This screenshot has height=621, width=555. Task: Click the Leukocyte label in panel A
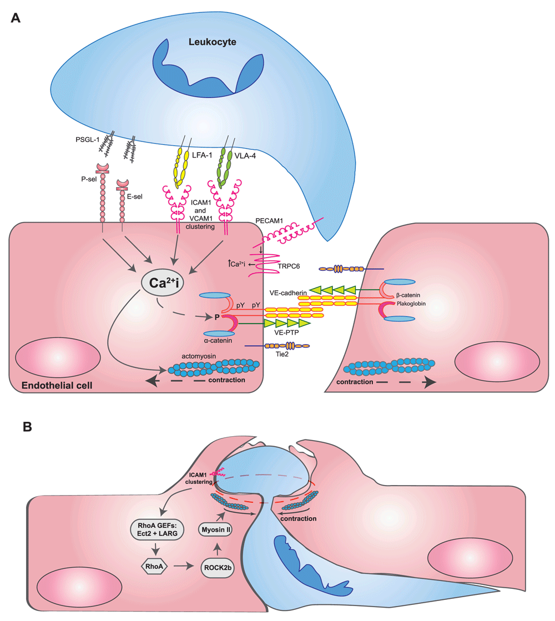212,42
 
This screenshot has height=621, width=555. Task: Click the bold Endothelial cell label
50,385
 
